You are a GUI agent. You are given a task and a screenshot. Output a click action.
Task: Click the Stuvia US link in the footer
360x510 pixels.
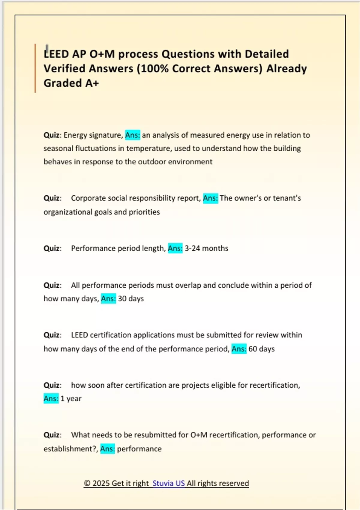coord(169,483)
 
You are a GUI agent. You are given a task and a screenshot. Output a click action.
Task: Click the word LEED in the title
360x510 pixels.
coord(56,54)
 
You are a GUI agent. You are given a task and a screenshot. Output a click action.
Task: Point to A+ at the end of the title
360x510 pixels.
coord(92,83)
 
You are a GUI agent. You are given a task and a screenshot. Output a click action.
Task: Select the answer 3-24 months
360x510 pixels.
coord(206,248)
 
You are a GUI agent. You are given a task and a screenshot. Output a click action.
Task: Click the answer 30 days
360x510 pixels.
coord(131,299)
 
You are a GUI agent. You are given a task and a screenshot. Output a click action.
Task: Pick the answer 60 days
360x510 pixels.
coord(262,349)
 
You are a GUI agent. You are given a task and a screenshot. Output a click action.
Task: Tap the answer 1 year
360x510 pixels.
coord(71,399)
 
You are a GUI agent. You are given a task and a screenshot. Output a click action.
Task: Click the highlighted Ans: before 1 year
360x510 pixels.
coord(51,399)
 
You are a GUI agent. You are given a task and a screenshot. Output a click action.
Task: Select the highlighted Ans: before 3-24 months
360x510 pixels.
coord(175,248)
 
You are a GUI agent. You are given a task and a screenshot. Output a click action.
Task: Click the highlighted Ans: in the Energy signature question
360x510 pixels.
coord(133,135)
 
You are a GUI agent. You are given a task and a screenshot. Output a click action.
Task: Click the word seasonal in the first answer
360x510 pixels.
coord(58,148)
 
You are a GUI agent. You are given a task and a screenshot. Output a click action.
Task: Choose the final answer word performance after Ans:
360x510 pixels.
coord(139,449)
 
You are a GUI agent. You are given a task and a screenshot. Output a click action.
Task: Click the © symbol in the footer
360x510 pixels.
coord(87,483)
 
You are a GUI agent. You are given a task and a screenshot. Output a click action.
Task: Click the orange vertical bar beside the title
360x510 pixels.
coord(35,68)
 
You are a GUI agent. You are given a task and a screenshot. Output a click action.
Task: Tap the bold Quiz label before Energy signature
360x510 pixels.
coord(52,135)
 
